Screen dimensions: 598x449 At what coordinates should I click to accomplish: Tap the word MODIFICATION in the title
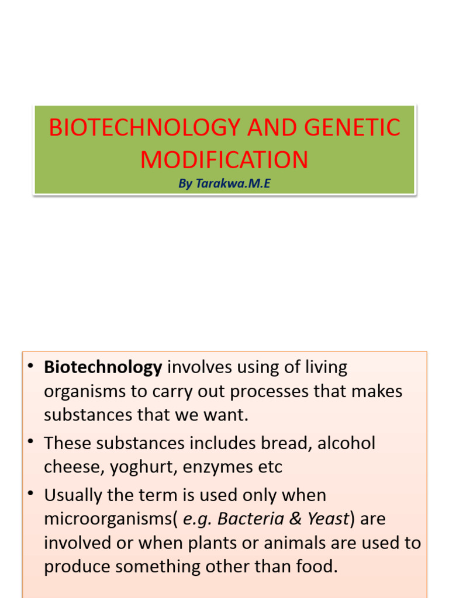click(224, 159)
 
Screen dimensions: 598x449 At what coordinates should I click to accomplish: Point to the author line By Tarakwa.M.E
click(224, 184)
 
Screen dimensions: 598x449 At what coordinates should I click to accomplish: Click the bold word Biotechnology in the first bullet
click(103, 367)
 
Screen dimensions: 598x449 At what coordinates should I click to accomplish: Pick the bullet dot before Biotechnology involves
click(30, 366)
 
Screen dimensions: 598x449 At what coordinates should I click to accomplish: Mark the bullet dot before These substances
click(30, 442)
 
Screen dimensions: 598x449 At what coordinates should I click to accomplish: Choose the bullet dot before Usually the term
click(30, 494)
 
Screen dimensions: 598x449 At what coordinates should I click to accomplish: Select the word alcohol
click(346, 443)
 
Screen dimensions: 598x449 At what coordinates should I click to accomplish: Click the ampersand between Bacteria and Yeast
click(296, 519)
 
